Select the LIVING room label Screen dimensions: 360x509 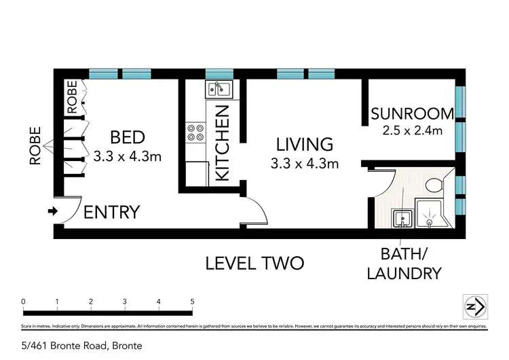pyautogui.click(x=304, y=144)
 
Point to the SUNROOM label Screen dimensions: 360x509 pyautogui.click(x=412, y=113)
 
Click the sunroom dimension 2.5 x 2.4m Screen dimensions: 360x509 pyautogui.click(x=412, y=130)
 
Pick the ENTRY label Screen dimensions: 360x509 pyautogui.click(x=111, y=212)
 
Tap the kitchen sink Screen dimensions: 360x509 pyautogui.click(x=219, y=88)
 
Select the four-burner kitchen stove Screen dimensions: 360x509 pyautogui.click(x=196, y=132)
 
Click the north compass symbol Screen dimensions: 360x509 pyautogui.click(x=474, y=307)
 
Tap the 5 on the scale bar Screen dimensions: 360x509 pyautogui.click(x=193, y=302)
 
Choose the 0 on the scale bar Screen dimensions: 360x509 pyautogui.click(x=23, y=302)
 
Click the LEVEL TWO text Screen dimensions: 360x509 pyautogui.click(x=254, y=263)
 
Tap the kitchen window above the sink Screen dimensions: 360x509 pyautogui.click(x=219, y=73)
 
